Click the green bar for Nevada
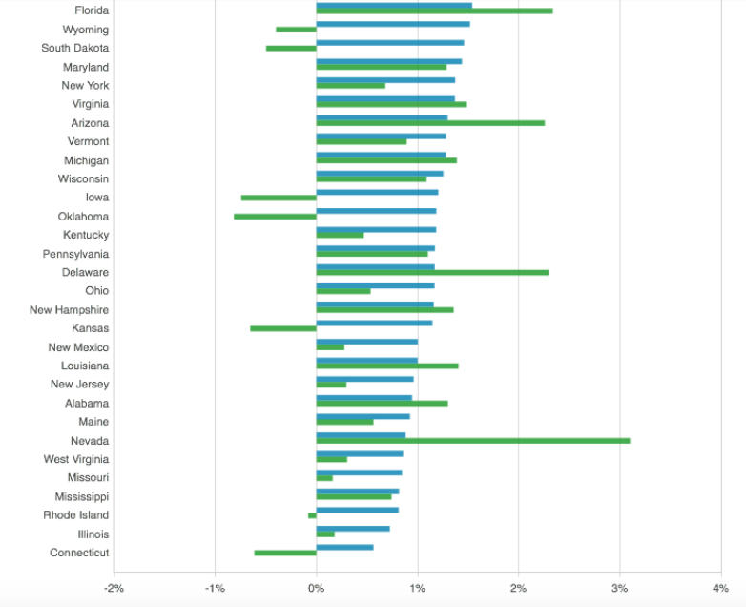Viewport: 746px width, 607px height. tap(472, 441)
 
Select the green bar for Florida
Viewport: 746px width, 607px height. tap(434, 10)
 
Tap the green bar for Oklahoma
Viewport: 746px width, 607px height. tap(275, 217)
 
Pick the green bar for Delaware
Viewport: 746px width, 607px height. tap(432, 273)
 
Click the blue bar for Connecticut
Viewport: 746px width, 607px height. tap(344, 547)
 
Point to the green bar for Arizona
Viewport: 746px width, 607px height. tap(430, 123)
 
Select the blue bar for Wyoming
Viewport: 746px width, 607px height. tap(393, 24)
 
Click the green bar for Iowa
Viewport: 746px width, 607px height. tap(279, 198)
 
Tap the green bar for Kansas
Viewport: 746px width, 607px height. tap(283, 328)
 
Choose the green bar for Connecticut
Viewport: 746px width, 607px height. tap(285, 553)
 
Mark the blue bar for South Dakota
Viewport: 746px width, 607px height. tap(390, 42)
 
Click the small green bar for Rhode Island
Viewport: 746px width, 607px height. tap(312, 515)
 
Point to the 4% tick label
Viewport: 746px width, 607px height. tap(720, 587)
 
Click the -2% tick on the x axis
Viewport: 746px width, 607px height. tap(114, 587)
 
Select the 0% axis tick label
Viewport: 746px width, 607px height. tap(316, 587)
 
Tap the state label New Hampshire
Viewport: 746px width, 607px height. tap(69, 310)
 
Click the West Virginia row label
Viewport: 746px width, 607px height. tap(75, 459)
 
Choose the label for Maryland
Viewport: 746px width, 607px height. tap(86, 67)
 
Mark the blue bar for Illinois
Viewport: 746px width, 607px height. tap(353, 528)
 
